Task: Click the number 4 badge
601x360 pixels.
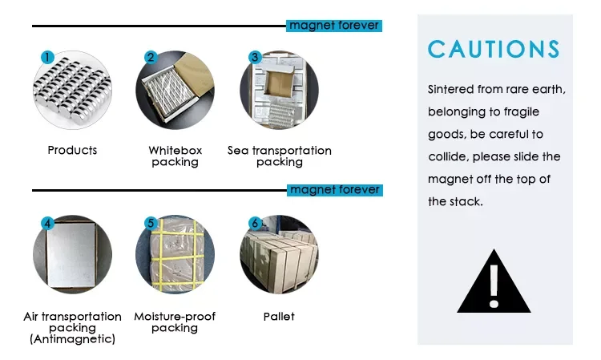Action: [47, 223]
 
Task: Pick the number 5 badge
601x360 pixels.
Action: [150, 223]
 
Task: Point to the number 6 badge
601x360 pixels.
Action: [255, 223]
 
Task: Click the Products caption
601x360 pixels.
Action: [72, 150]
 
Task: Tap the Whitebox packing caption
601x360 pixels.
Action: [175, 156]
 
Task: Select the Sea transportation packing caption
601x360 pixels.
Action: [279, 156]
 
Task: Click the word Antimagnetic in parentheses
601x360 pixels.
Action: [72, 339]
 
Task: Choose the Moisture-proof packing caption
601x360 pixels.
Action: [175, 322]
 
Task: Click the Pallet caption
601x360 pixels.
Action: [279, 316]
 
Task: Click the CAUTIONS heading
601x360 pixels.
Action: [494, 49]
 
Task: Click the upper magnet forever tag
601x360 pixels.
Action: [334, 26]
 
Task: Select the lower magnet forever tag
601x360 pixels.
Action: [334, 190]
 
